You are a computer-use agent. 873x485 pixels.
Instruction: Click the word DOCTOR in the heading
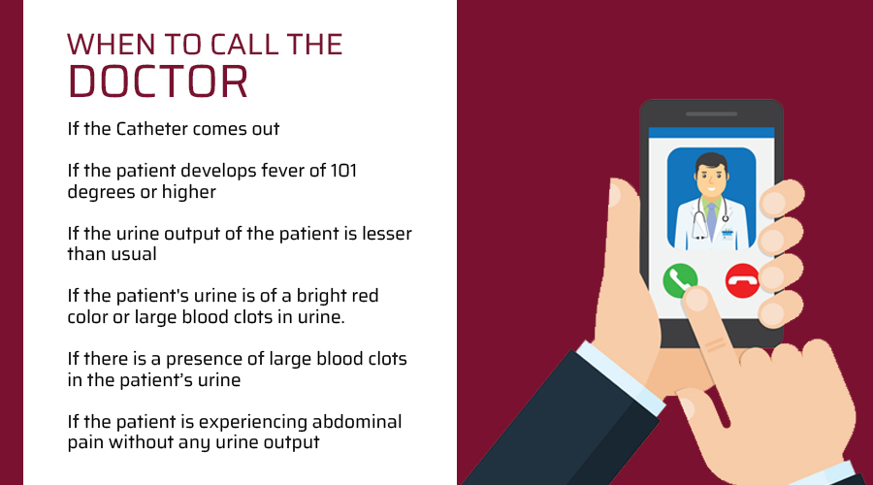pyautogui.click(x=157, y=81)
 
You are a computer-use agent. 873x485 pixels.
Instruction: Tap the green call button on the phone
pyautogui.click(x=680, y=280)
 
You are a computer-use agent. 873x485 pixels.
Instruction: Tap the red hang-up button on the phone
pyautogui.click(x=742, y=280)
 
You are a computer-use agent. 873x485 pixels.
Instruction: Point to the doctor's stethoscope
pyautogui.click(x=700, y=220)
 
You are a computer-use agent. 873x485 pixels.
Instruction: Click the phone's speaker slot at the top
pyautogui.click(x=711, y=114)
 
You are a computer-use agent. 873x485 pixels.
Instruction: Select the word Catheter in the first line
pyautogui.click(x=152, y=129)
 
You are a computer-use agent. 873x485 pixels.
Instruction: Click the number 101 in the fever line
pyautogui.click(x=343, y=171)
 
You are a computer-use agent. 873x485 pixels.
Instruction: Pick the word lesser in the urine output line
pyautogui.click(x=387, y=234)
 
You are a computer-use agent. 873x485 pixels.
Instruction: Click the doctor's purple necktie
pyautogui.click(x=711, y=221)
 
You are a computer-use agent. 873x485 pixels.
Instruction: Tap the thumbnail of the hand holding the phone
pyautogui.click(x=615, y=195)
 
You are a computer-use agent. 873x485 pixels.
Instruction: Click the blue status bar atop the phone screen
pyautogui.click(x=711, y=133)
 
